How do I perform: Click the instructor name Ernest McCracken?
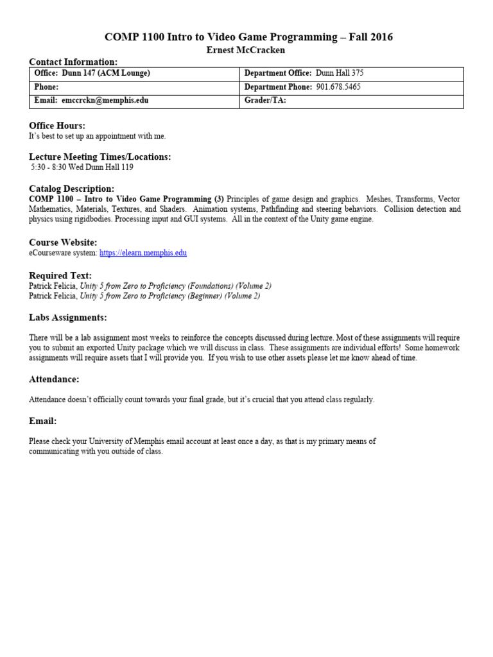246,50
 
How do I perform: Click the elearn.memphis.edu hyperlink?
143,253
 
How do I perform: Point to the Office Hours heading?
57,126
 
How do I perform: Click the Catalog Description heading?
72,189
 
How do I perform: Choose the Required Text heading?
60,275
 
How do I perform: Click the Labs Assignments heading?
68,318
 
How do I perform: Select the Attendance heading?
55,379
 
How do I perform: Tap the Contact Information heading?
73,62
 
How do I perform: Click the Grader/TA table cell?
351,101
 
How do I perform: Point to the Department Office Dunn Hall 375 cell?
351,73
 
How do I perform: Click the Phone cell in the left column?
134,87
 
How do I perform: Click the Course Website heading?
64,243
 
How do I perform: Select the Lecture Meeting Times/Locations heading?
100,157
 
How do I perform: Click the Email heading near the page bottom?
43,421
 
